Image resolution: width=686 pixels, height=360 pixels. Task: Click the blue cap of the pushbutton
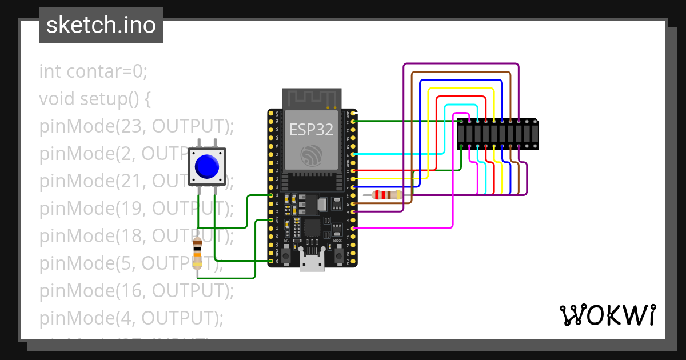coord(206,166)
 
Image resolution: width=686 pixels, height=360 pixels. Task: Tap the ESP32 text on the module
coord(312,129)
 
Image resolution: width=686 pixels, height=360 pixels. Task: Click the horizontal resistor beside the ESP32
coord(386,195)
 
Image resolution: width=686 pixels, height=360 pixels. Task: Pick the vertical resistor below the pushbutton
coord(197,254)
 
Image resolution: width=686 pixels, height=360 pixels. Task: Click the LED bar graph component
coord(497,134)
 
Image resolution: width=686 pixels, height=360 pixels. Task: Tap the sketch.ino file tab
coord(101,25)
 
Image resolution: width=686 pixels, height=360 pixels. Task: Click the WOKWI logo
coord(607,315)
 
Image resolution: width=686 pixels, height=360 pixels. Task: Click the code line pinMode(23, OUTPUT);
coord(137,126)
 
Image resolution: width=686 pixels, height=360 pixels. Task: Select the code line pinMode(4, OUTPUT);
coord(131,318)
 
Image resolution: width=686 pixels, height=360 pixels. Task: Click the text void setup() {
coord(95,99)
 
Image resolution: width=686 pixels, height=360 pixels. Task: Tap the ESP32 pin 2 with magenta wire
coord(354,228)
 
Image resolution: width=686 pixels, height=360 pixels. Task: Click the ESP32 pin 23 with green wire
coord(354,121)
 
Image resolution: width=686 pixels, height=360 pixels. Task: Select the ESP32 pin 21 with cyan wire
coord(354,154)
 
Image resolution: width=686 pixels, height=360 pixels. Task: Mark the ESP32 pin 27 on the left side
coord(270,195)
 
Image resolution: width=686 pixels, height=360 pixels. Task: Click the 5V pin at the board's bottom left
coord(270,261)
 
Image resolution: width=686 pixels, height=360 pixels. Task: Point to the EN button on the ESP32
coord(285,251)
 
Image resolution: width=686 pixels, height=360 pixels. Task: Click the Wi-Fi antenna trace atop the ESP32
coord(312,98)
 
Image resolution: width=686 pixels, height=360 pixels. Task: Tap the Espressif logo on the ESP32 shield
coord(312,154)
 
